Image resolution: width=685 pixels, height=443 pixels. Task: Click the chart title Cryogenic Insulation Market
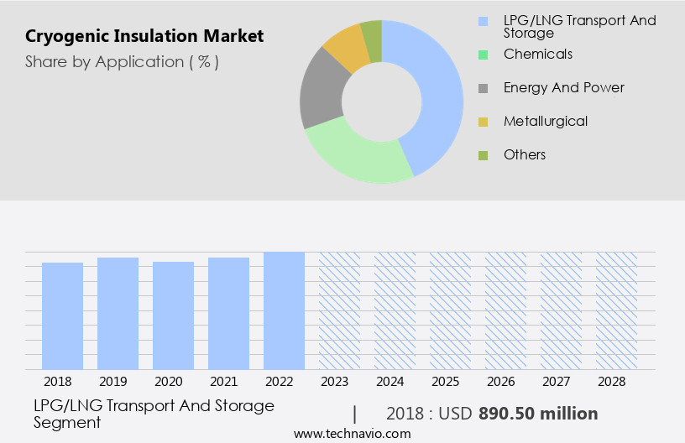(144, 36)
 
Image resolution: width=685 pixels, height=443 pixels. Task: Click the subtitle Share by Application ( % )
(122, 62)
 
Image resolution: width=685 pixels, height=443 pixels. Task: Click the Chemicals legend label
(537, 54)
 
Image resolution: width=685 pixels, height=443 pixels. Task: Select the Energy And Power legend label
(563, 87)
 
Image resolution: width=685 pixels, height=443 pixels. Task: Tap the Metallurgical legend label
(545, 121)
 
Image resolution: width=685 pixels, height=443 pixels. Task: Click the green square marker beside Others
(483, 155)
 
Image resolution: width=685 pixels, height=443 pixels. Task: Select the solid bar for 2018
(63, 315)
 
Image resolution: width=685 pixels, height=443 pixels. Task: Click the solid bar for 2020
(174, 315)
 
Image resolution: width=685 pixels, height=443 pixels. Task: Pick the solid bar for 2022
(285, 310)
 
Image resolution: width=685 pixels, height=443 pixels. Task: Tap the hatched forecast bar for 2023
(340, 310)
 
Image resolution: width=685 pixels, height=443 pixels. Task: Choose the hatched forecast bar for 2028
(617, 310)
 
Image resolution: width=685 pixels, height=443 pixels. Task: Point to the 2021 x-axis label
(229, 382)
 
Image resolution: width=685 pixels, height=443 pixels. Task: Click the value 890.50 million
(538, 414)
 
